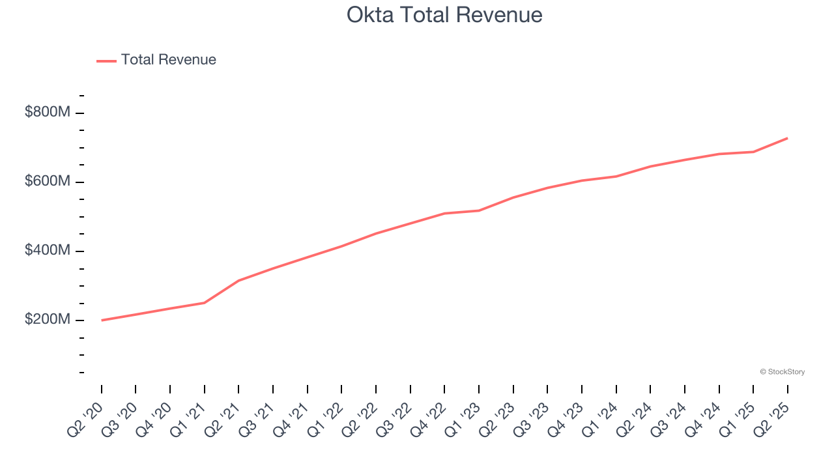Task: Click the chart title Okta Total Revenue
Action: tap(444, 14)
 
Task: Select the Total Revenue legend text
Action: tap(168, 60)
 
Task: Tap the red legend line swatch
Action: tap(106, 61)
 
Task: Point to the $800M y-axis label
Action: tap(47, 112)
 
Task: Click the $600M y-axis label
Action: tap(47, 181)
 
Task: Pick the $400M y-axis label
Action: tap(47, 250)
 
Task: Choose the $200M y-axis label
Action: tap(47, 320)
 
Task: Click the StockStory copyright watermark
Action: tap(782, 372)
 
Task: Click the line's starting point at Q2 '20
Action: tap(102, 320)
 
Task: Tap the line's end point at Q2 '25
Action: tap(787, 138)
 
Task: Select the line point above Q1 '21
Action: tap(205, 303)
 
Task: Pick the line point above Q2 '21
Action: tap(239, 281)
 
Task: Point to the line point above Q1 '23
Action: tap(479, 210)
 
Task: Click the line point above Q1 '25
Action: tap(753, 152)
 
